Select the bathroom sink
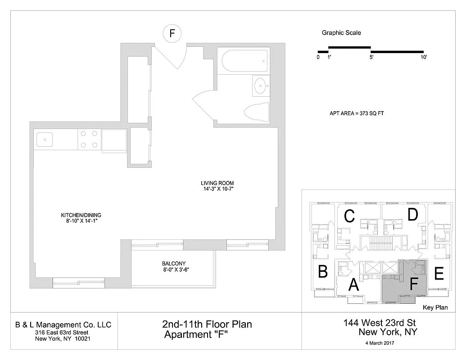tap(260, 85)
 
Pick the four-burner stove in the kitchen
tap(89, 139)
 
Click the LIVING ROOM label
tap(217, 183)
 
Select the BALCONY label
tap(173, 264)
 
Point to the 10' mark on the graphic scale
tap(423, 58)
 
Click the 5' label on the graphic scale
tap(372, 58)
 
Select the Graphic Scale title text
tap(341, 33)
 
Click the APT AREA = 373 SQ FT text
tap(356, 113)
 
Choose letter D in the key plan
tap(412, 215)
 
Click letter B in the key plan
tap(322, 272)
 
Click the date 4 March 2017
tap(380, 343)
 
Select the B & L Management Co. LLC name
tap(63, 325)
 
